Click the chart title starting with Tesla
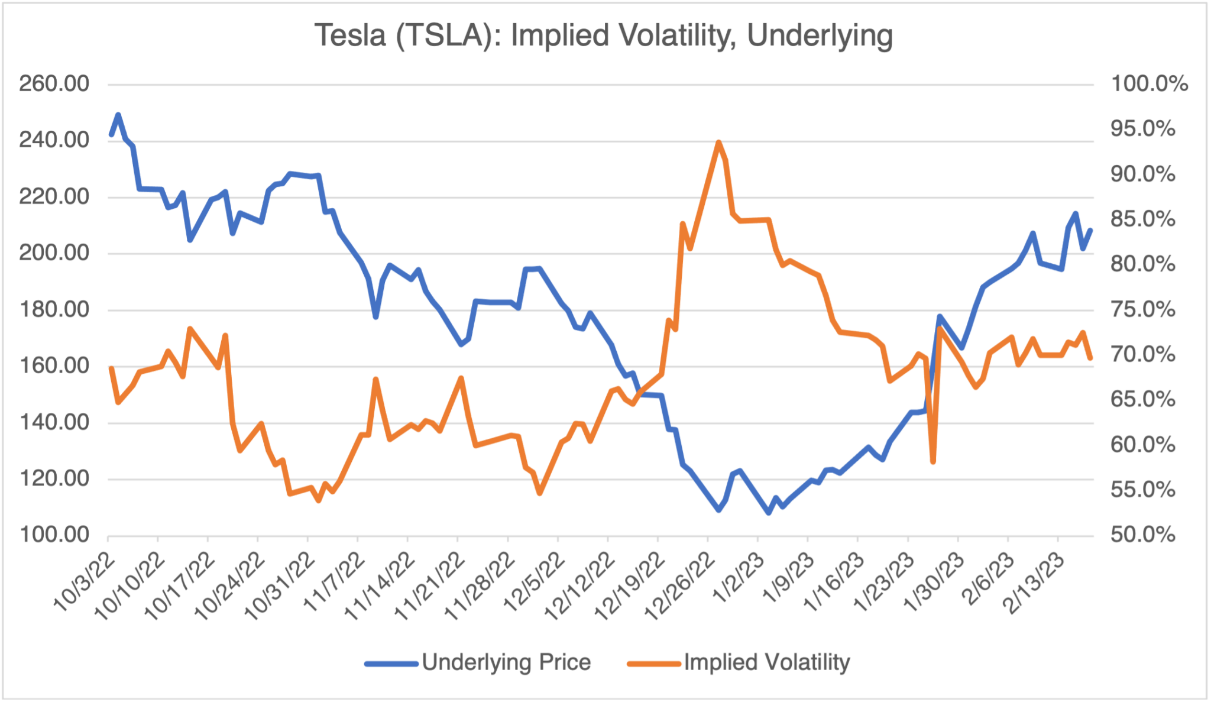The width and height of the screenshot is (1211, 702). (603, 35)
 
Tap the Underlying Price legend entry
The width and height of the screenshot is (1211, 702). (506, 662)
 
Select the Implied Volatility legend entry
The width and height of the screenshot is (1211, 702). (766, 662)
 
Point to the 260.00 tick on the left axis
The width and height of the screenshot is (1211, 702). (54, 84)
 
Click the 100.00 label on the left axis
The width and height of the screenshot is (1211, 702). (54, 535)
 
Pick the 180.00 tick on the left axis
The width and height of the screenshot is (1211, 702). (54, 309)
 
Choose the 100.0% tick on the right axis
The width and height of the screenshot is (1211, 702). (1149, 84)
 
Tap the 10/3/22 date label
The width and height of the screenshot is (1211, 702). (86, 583)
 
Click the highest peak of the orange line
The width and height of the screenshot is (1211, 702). (718, 143)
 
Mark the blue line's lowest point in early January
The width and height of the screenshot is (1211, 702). (769, 513)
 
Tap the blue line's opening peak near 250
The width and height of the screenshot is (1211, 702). (118, 115)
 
